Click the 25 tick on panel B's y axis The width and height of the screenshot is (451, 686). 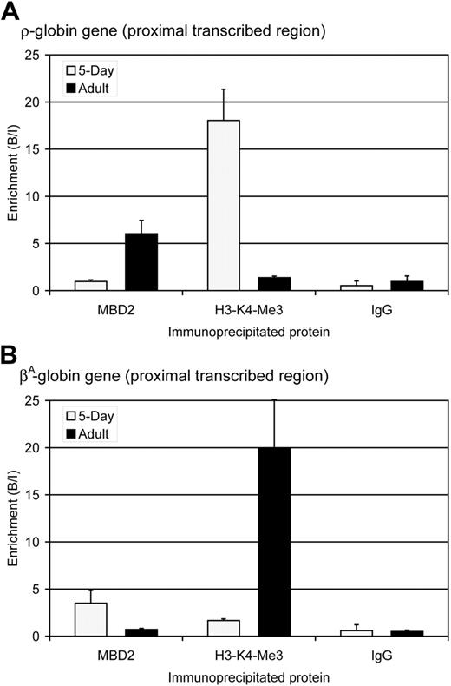[36, 400]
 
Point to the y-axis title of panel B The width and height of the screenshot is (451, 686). [12, 518]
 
